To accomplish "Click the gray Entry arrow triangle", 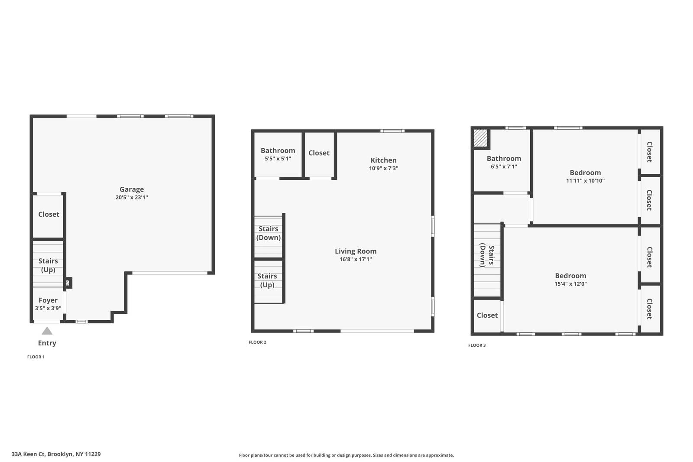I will pos(47,331).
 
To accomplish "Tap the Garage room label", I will pos(132,189).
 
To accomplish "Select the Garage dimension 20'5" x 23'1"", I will pos(132,198).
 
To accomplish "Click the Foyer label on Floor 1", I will pos(48,300).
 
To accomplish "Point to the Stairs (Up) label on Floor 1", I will pos(48,265).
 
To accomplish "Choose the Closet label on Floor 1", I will pos(49,215).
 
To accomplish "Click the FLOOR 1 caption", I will pos(36,357).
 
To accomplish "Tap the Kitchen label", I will pos(383,160).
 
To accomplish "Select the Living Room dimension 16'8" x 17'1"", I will pos(356,260).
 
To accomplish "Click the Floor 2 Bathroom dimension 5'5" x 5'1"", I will pos(278,159).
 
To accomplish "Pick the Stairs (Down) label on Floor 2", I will pos(269,233).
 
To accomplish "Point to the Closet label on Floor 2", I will pos(319,153).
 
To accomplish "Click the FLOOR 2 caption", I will pos(257,342).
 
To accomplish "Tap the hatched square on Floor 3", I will pos(480,138).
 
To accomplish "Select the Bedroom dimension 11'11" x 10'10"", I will pos(585,181).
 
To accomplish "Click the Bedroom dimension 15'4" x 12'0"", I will pos(570,284).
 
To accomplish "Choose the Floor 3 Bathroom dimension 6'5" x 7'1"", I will pos(504,166).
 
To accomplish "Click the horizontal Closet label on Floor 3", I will pos(487,316).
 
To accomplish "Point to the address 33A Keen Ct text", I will pos(56,454).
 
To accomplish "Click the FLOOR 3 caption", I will pos(477,345).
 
